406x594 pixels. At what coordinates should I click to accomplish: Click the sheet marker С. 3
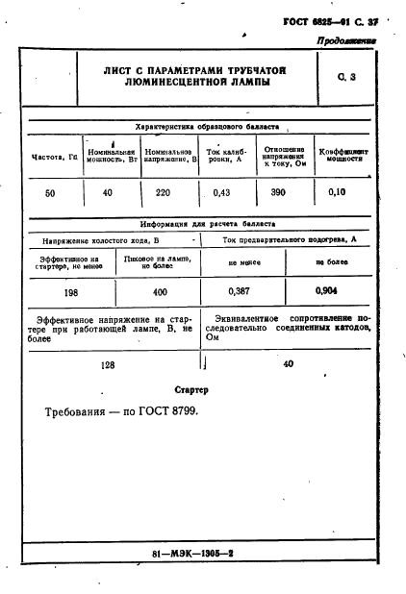[346, 77]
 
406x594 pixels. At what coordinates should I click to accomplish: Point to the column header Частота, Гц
[55, 157]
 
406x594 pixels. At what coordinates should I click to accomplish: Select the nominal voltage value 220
[163, 193]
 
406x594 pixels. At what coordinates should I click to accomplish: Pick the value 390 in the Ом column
[278, 193]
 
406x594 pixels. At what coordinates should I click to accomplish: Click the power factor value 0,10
[336, 193]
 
